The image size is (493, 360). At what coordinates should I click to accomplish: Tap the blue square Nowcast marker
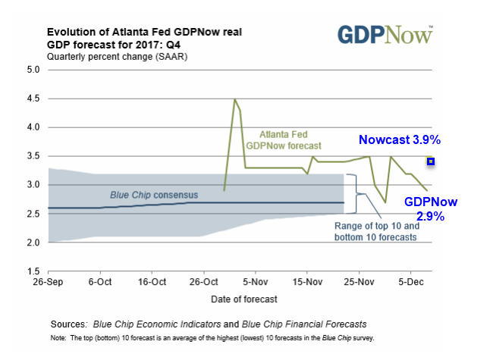(430, 161)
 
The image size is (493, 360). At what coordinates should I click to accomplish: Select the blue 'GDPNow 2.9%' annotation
(429, 209)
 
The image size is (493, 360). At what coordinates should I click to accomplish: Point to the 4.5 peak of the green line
(235, 99)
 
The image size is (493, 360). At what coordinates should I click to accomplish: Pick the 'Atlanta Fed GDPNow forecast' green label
(284, 139)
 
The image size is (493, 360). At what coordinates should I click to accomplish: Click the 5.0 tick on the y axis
(33, 70)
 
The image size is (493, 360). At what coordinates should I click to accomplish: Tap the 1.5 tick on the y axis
(33, 271)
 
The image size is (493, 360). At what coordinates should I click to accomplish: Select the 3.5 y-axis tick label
(33, 156)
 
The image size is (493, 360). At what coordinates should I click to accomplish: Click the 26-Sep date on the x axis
(49, 280)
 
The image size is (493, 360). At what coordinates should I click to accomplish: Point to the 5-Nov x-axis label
(255, 280)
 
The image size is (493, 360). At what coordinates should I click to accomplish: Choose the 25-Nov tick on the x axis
(358, 280)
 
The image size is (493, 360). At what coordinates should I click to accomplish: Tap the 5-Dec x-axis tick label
(410, 280)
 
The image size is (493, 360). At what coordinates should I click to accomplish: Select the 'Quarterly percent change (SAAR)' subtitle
(118, 57)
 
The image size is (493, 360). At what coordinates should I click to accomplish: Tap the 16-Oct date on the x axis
(152, 280)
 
